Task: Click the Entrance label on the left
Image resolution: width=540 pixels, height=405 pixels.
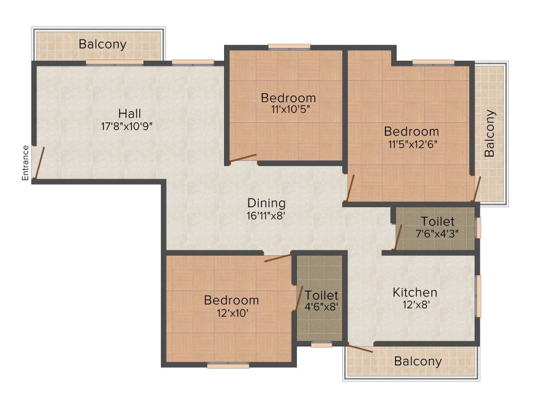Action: point(25,162)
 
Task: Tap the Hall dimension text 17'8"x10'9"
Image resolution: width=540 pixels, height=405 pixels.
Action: point(130,126)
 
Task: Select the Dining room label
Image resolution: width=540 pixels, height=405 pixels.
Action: point(266,203)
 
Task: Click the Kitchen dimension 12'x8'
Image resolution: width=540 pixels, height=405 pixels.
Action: point(414,305)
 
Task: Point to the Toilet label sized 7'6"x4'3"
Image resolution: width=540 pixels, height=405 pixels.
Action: point(437,221)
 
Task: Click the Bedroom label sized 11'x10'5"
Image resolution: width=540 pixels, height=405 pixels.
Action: point(288,98)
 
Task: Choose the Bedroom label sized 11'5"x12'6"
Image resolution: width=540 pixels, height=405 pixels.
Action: point(411,131)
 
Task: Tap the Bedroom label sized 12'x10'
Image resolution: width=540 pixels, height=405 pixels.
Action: point(232,301)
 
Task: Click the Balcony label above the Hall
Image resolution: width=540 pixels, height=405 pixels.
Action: point(102,44)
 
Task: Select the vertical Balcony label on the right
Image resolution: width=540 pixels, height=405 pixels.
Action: point(490,133)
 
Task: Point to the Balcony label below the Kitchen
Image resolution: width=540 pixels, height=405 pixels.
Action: point(418,362)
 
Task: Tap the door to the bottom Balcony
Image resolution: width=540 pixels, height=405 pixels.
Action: point(360,348)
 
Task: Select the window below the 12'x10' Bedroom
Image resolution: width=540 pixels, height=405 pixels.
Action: point(228,365)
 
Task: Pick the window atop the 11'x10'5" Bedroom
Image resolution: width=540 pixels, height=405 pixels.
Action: point(289,46)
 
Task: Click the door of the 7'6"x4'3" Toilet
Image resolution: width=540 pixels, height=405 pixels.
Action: point(399,236)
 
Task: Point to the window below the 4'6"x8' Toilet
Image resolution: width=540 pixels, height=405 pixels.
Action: point(321,345)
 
